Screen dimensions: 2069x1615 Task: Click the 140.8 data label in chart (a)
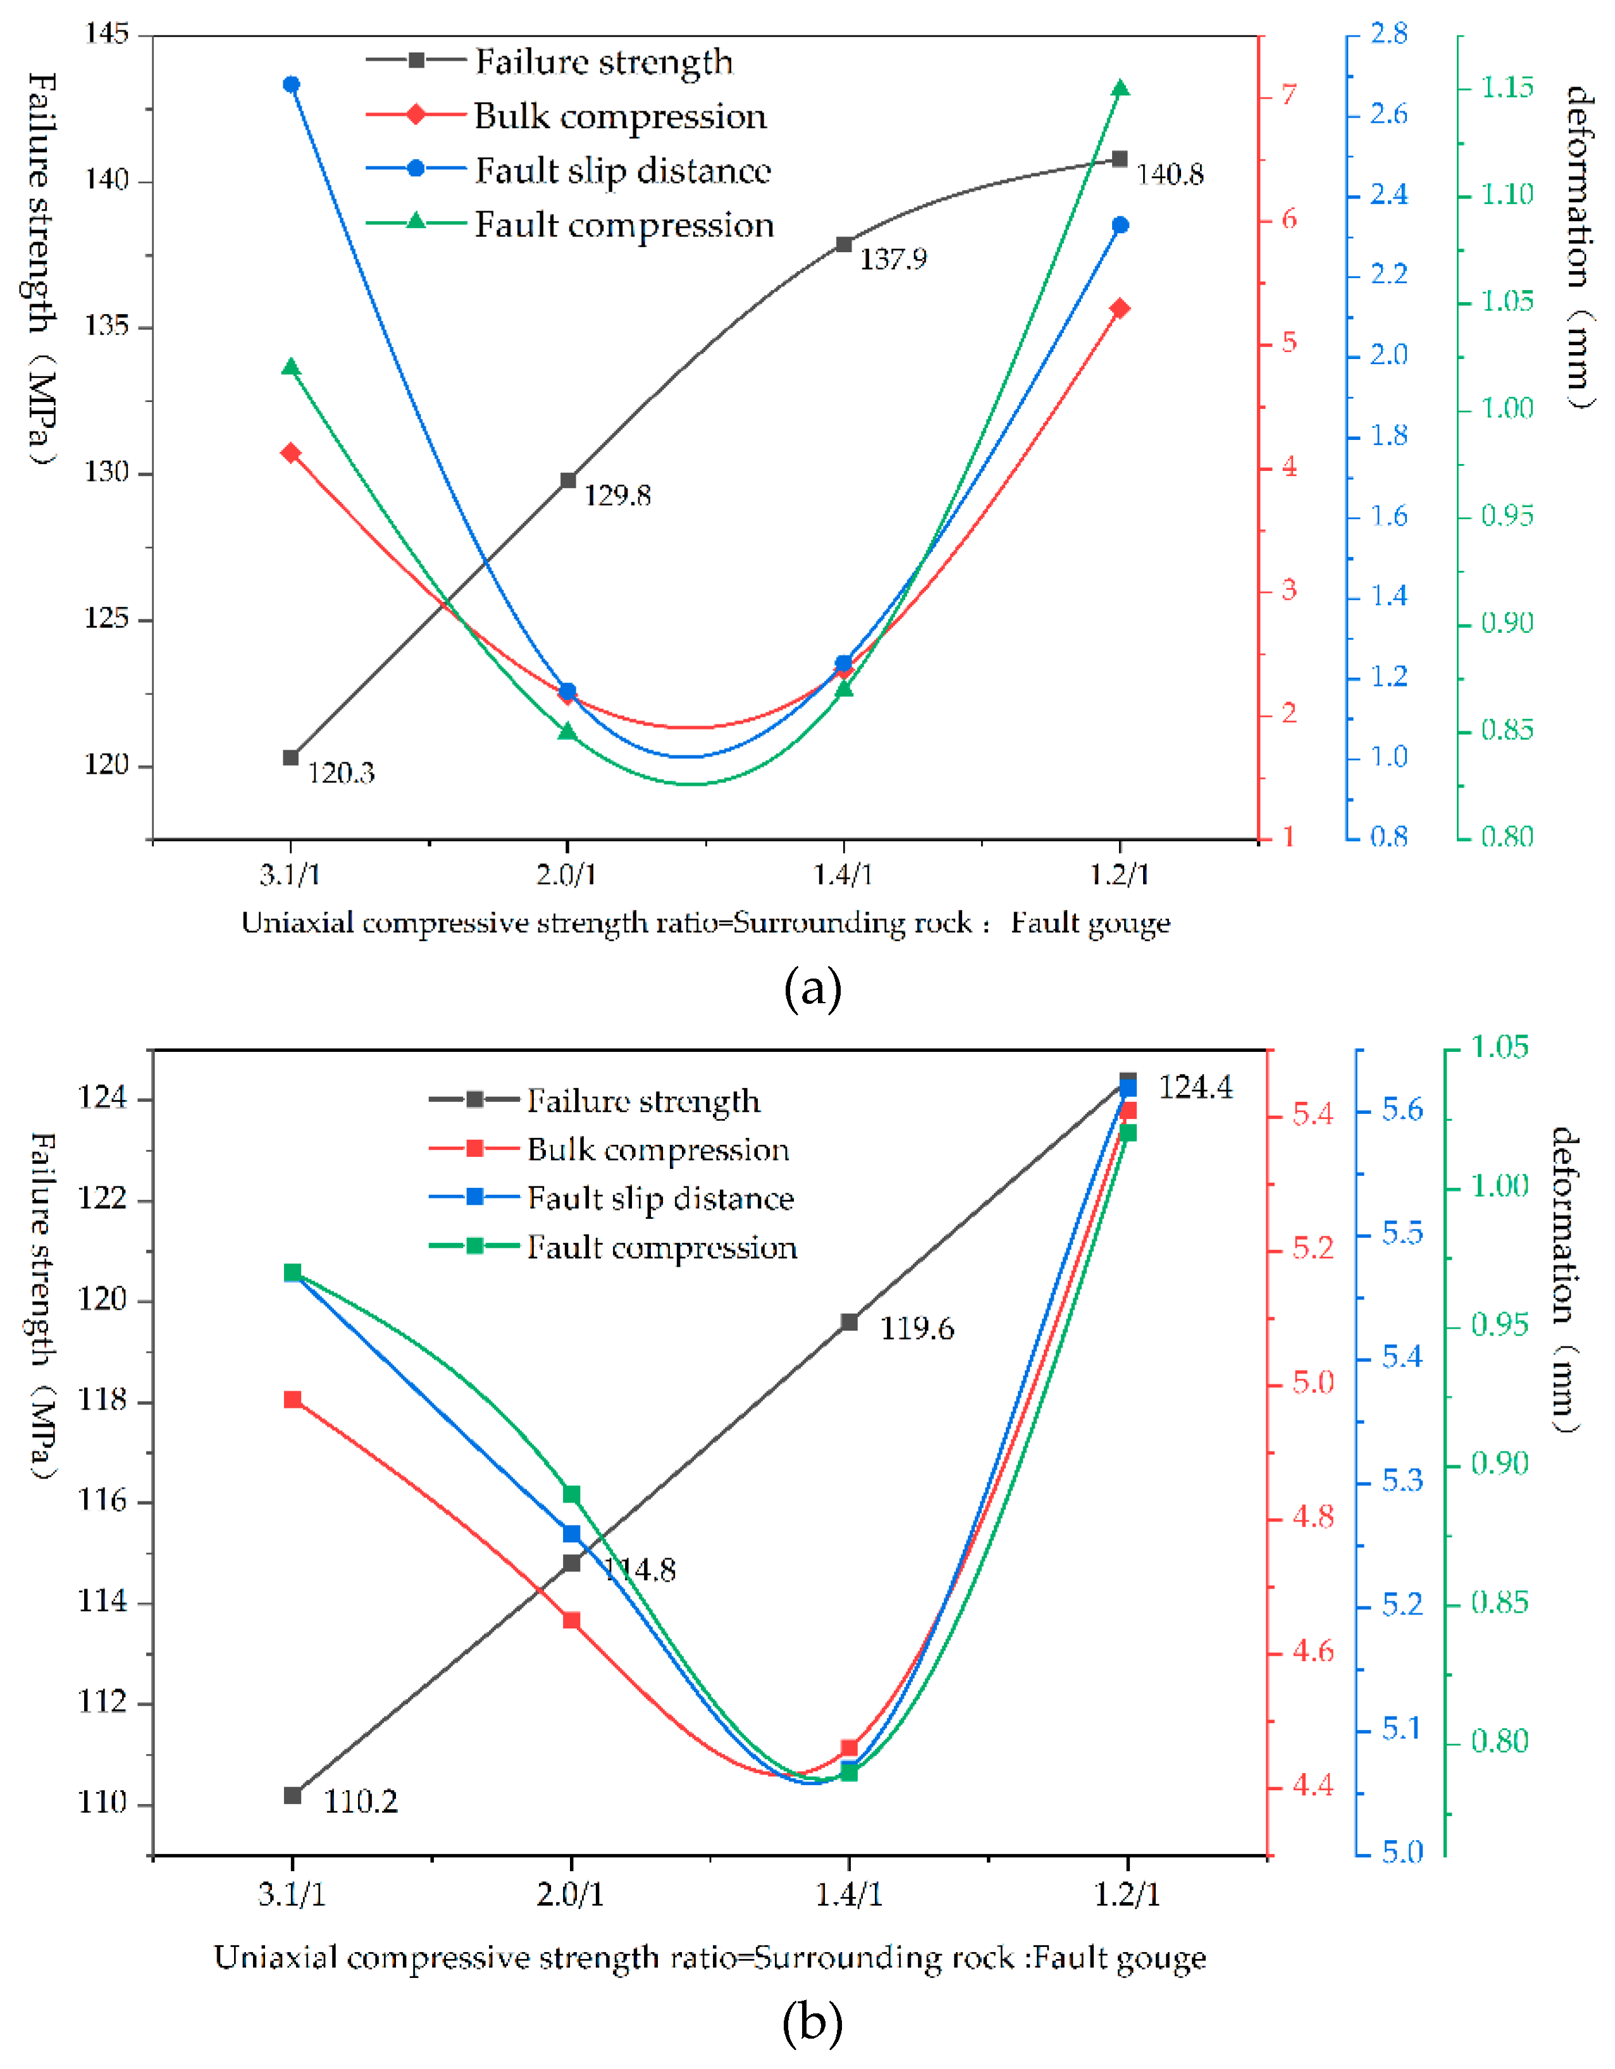pos(1170,174)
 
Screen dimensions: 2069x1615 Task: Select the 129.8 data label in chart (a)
pos(617,496)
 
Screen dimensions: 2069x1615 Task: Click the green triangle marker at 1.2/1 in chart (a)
pos(1120,89)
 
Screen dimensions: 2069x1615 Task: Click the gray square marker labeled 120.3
pos(291,758)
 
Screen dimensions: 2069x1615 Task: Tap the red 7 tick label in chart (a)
pos(1290,95)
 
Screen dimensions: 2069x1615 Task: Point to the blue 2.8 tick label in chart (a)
pos(1389,34)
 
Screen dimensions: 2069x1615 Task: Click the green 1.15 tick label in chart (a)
pos(1507,88)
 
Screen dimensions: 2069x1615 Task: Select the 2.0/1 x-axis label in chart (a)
pos(567,874)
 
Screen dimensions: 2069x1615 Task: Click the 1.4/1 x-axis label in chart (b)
pos(848,1894)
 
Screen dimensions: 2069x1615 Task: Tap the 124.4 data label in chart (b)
pos(1195,1087)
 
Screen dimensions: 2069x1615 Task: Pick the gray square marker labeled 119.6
pos(849,1322)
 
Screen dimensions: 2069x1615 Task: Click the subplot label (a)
pos(812,990)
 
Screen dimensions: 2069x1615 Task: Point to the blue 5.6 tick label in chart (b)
pos(1402,1109)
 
